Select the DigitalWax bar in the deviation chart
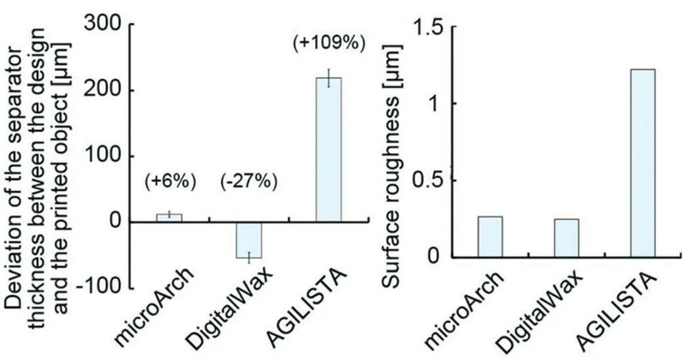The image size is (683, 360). click(x=249, y=240)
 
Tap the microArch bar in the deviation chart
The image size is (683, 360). click(x=170, y=218)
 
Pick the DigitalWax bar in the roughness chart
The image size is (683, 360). click(x=566, y=238)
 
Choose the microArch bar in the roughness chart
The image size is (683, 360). click(x=490, y=236)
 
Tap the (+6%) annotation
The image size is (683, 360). click(x=170, y=182)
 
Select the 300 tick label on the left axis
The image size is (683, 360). click(x=106, y=25)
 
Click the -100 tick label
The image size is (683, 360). click(x=103, y=288)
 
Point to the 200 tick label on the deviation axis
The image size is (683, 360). click(x=106, y=91)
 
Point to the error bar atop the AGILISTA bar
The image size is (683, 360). click(x=328, y=78)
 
